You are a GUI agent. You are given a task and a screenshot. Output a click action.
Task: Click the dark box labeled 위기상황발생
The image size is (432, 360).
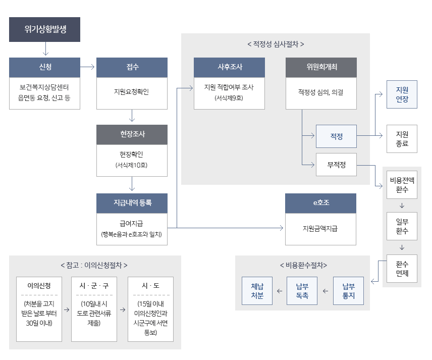[x=45, y=30]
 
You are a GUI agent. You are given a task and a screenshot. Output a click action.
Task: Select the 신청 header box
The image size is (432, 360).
[x=45, y=67]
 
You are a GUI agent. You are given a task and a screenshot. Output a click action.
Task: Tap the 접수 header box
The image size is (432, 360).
[x=132, y=67]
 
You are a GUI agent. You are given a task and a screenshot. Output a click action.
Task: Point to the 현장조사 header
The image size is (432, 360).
[x=132, y=134]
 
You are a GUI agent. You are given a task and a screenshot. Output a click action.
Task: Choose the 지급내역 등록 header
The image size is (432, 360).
[x=132, y=203]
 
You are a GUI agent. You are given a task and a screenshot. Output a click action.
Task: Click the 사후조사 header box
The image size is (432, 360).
[x=229, y=67]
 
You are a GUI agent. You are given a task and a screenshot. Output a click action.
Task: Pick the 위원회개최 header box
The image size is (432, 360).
[x=321, y=67]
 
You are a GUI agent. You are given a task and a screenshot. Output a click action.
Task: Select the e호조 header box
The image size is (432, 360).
[x=320, y=203]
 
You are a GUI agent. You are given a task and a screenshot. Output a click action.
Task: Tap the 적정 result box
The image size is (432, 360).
[x=336, y=136]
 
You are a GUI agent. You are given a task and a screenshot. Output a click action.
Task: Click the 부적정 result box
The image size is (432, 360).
[x=336, y=165]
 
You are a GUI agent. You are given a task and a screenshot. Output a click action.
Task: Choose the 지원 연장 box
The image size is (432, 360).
[x=402, y=94]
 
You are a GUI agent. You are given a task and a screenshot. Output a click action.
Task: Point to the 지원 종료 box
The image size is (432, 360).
[x=402, y=139]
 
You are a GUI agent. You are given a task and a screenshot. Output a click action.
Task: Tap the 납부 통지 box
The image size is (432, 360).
[x=348, y=291]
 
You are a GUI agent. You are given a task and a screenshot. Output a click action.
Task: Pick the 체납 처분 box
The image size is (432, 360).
[x=257, y=291]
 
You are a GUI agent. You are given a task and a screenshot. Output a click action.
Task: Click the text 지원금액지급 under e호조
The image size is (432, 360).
[x=320, y=228]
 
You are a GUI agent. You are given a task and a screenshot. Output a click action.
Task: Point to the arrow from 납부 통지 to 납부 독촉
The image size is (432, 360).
[x=325, y=291]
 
